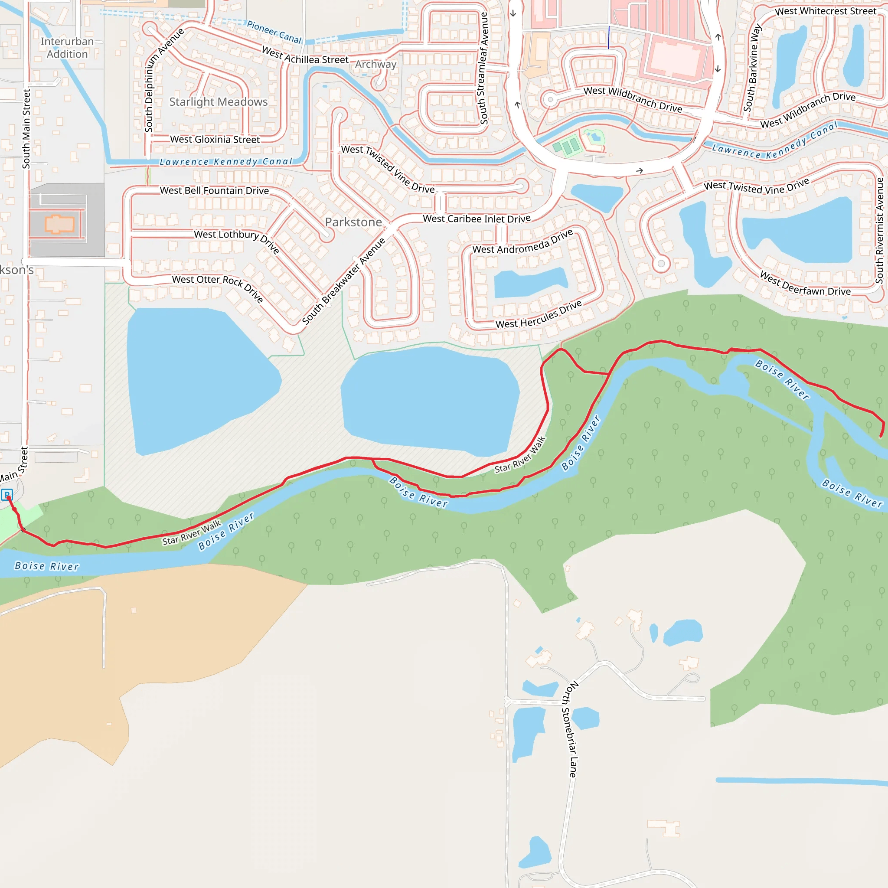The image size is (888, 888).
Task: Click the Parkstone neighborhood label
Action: click(353, 222)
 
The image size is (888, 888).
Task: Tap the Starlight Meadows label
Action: click(219, 101)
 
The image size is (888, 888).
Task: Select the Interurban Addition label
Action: click(67, 48)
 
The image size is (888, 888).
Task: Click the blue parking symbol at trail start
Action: click(7, 495)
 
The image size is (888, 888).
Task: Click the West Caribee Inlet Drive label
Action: click(477, 219)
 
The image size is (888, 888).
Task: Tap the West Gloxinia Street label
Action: click(215, 139)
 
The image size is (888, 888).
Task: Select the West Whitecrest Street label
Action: click(826, 11)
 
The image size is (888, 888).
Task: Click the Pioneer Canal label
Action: click(274, 32)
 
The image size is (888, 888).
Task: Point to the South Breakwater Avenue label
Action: click(343, 281)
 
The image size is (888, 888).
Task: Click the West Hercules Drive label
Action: click(539, 315)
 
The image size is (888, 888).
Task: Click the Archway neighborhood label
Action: click(375, 64)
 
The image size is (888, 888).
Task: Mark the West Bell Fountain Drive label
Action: click(214, 190)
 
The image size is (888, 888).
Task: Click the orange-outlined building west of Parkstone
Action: click(59, 224)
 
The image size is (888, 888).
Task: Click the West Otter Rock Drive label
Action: click(218, 288)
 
